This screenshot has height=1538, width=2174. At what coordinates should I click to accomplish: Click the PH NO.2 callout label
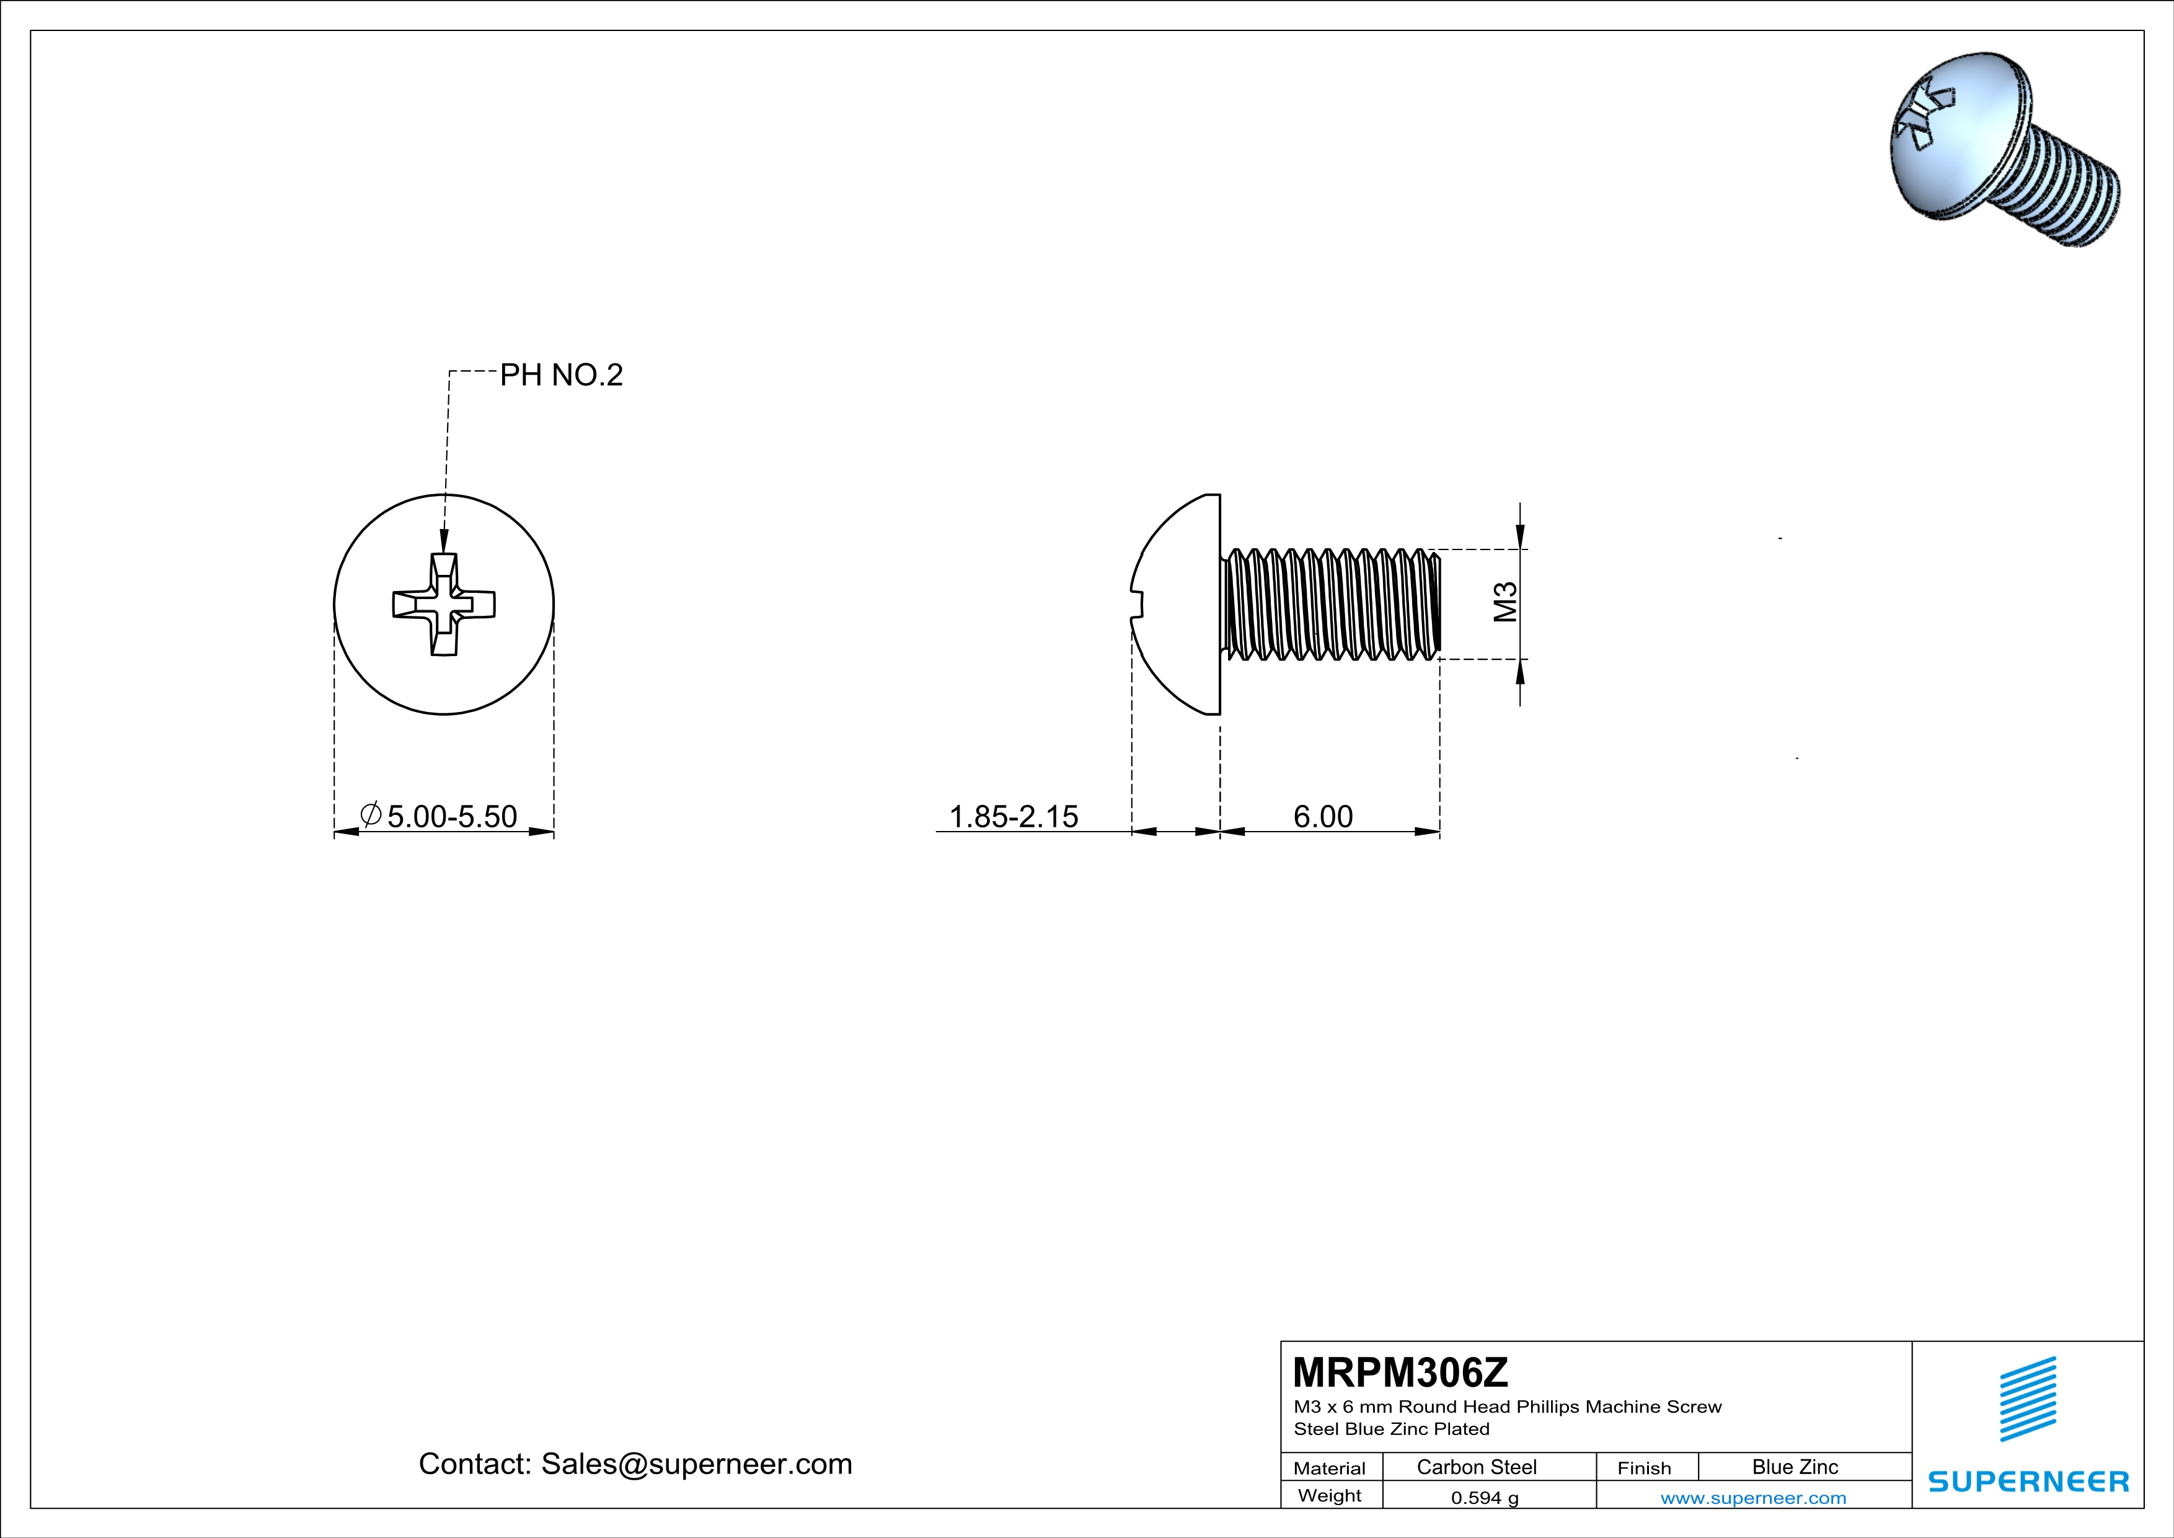click(560, 375)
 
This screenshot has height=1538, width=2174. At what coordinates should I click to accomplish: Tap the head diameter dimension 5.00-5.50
click(452, 816)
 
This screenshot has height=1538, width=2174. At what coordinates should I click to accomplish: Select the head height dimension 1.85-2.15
click(1013, 816)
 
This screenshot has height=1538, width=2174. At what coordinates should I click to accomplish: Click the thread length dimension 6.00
click(1323, 816)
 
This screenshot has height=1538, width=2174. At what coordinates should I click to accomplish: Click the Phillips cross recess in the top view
click(444, 604)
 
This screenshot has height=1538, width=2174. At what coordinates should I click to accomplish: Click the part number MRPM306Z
click(1400, 1371)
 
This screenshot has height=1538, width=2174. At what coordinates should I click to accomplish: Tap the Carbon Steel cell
click(1476, 1467)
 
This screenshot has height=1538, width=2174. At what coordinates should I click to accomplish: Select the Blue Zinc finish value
click(1794, 1467)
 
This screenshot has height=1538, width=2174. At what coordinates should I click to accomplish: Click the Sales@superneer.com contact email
click(696, 1464)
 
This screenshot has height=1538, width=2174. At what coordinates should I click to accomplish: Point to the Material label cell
click(1330, 1468)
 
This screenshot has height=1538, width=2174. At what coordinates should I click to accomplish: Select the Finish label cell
click(1644, 1468)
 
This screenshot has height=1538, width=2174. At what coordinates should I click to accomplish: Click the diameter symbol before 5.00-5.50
click(371, 814)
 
